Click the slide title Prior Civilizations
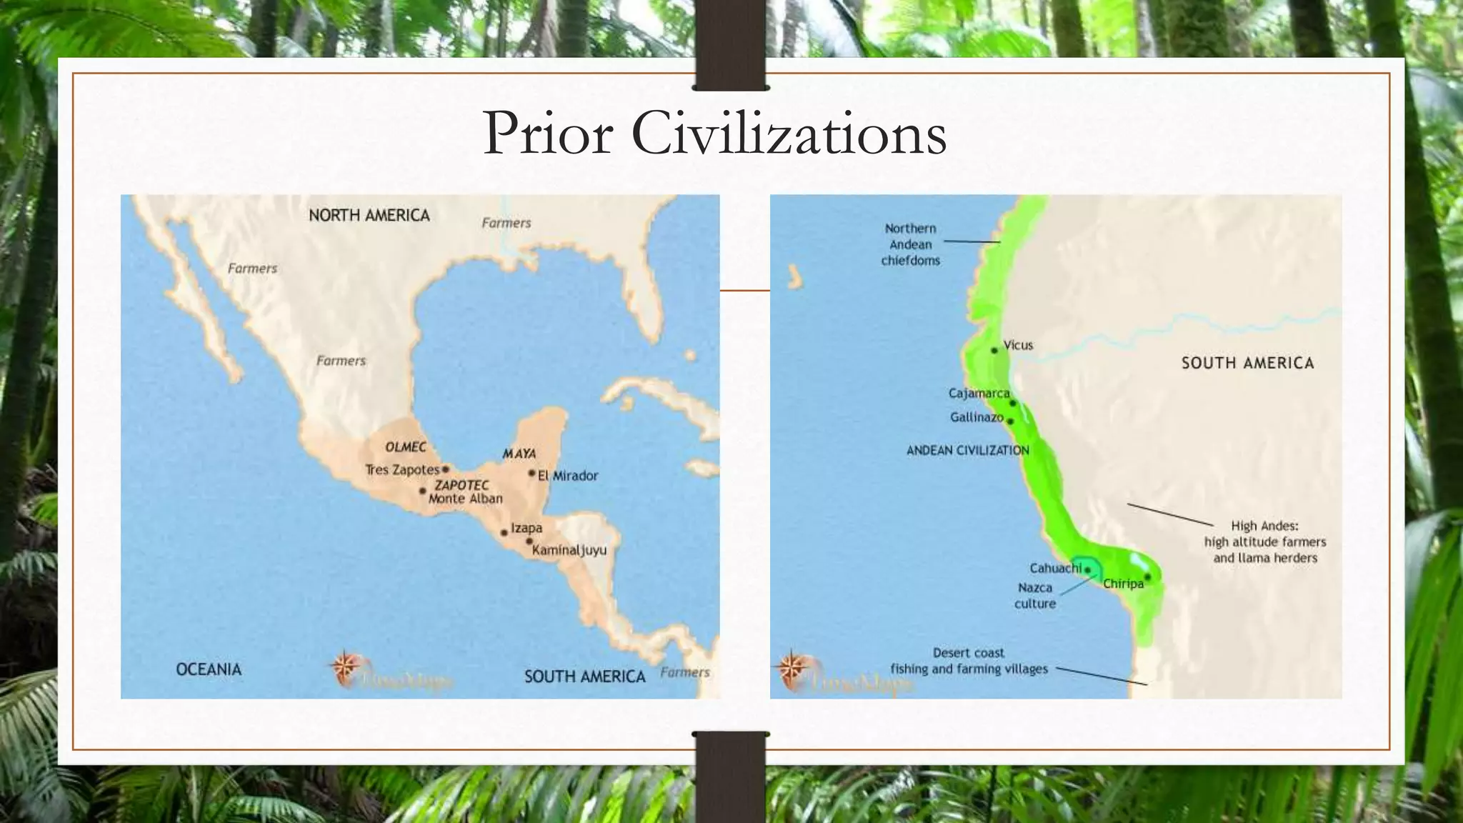click(714, 134)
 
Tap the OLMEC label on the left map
click(406, 447)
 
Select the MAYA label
click(519, 454)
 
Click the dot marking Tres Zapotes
click(445, 469)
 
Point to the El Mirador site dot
click(531, 473)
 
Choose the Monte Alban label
click(465, 499)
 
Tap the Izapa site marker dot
click(504, 532)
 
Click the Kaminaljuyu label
click(569, 550)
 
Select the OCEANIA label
click(209, 669)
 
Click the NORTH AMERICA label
click(369, 216)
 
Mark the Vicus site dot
click(994, 350)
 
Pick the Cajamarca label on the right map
click(979, 393)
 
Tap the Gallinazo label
click(977, 417)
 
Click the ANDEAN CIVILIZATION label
click(968, 450)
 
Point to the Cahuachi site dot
click(1088, 570)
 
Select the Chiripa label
click(1123, 584)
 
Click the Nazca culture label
click(1035, 595)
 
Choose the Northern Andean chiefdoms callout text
click(910, 244)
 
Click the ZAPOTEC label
click(462, 485)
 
